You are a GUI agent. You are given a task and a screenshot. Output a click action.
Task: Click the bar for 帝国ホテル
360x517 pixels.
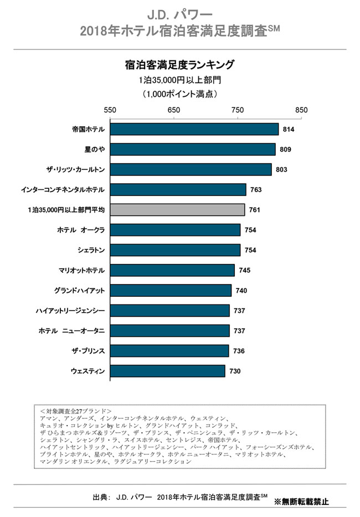(194, 129)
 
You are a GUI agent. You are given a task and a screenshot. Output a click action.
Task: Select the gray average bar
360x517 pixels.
(177, 210)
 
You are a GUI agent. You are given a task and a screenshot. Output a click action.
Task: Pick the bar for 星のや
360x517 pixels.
(192, 149)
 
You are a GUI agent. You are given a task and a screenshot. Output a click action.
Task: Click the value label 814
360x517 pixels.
(287, 130)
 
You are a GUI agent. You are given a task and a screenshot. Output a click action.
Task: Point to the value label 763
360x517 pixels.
(255, 190)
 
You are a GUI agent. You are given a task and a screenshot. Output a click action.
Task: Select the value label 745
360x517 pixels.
(244, 271)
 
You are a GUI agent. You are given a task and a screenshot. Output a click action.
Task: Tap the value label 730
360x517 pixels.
(234, 371)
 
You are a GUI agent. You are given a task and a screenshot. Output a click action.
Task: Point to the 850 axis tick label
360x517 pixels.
(301, 110)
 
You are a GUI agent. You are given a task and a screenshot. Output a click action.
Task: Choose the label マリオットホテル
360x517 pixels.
(81, 271)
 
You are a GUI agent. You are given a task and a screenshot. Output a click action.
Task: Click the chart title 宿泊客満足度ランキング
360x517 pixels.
(179, 65)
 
